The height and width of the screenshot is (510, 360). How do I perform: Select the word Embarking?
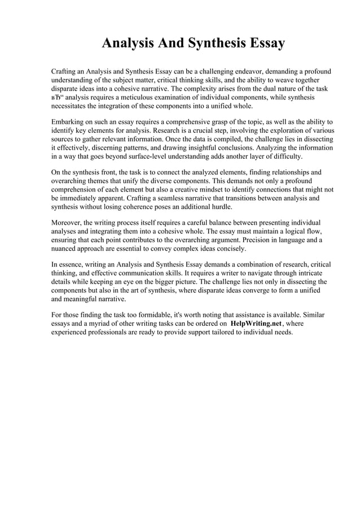(69, 121)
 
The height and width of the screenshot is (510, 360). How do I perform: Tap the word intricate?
(316, 272)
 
